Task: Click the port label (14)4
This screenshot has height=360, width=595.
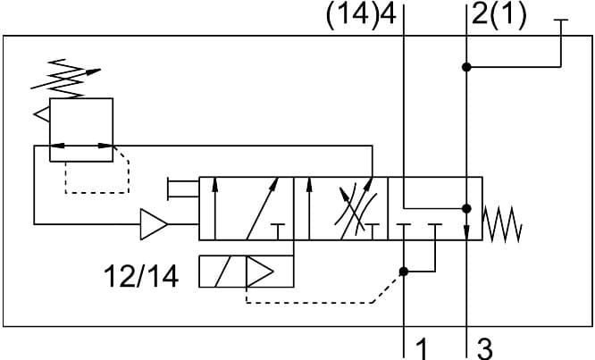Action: pos(362,17)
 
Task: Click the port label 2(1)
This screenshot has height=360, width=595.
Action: pos(501,17)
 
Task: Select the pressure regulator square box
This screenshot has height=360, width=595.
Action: pos(81,130)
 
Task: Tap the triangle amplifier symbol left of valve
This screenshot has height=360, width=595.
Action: pos(154,224)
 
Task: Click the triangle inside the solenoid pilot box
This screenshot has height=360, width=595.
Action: pos(261,272)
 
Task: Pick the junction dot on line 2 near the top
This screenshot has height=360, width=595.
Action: pos(466,67)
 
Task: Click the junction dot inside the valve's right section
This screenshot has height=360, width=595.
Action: pos(466,208)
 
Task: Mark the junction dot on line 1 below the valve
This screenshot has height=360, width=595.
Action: pos(405,272)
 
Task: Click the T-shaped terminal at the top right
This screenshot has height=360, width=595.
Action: pos(561,22)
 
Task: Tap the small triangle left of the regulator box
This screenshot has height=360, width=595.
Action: pos(41,113)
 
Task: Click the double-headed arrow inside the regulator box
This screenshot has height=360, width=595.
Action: pos(81,145)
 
